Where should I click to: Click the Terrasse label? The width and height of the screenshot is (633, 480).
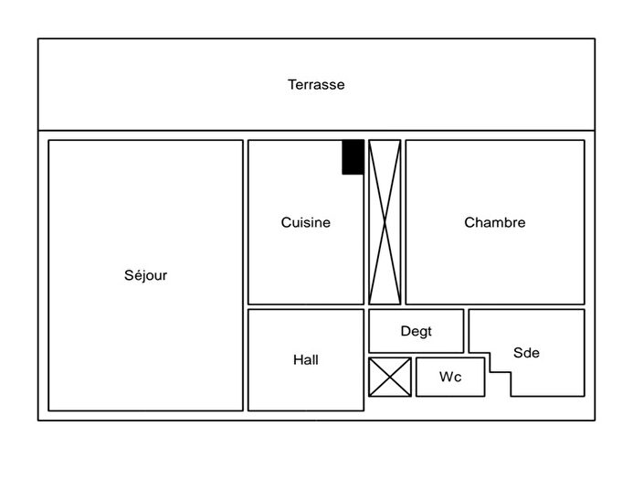tap(316, 85)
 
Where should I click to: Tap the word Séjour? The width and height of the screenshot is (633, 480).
tap(146, 275)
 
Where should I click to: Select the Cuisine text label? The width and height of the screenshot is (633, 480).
tap(306, 222)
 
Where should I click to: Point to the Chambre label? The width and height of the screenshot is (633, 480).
tap(494, 222)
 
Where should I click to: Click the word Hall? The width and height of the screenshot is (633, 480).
tap(306, 360)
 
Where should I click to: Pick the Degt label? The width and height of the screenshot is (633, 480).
tap(417, 331)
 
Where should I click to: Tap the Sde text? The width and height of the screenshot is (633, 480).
tap(526, 353)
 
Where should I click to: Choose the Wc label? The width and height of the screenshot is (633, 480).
tap(449, 377)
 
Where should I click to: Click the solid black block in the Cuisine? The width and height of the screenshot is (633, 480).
tap(353, 156)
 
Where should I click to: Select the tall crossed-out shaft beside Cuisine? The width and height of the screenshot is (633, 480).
tap(385, 222)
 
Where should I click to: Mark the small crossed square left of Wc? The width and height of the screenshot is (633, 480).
tap(389, 377)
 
